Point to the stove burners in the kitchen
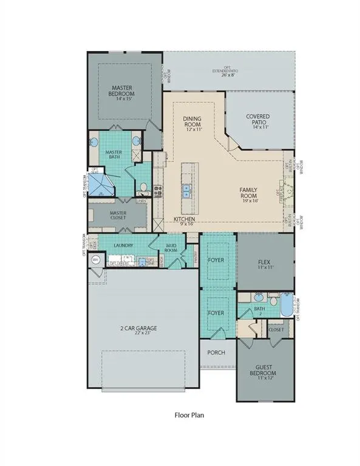click(157, 192)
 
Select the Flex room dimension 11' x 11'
click(265, 268)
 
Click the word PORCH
click(217, 353)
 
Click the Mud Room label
click(171, 248)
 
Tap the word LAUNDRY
click(123, 246)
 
